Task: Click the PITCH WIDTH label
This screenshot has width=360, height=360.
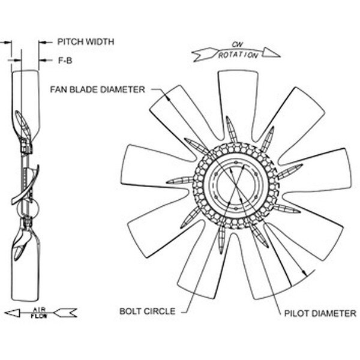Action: coord(85,43)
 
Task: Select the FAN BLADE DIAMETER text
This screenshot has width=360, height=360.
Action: coord(98,90)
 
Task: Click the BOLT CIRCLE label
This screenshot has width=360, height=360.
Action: coord(148,311)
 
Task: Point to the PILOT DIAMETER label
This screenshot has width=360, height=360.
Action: coord(320,313)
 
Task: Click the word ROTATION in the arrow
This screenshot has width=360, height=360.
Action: coord(238,55)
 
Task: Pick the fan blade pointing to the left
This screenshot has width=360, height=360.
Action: coord(147,169)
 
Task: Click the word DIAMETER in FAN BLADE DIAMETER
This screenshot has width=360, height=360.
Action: coord(125,90)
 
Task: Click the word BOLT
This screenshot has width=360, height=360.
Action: coord(131,311)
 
